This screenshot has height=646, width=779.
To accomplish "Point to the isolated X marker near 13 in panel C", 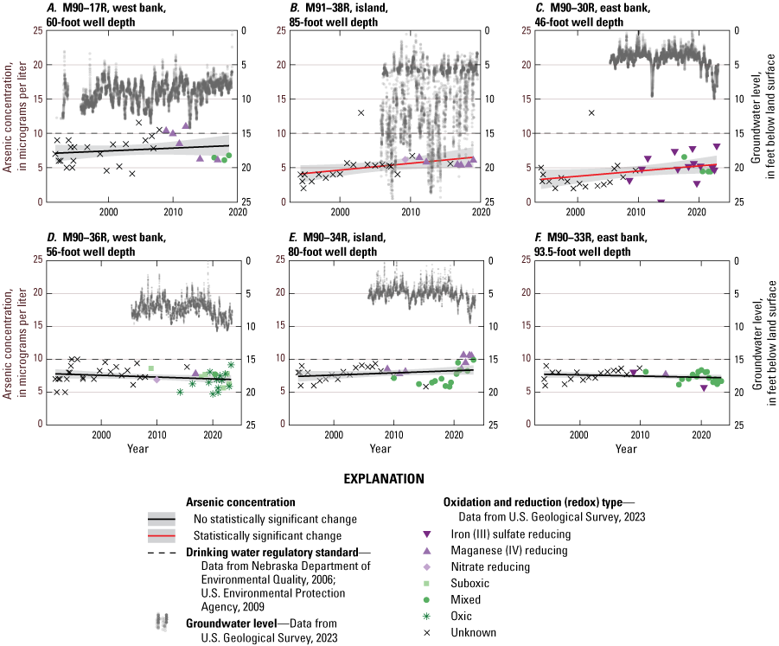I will (591, 112).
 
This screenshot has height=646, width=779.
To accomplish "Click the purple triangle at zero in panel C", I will (661, 201).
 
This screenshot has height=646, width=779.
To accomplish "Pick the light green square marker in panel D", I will (151, 368).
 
